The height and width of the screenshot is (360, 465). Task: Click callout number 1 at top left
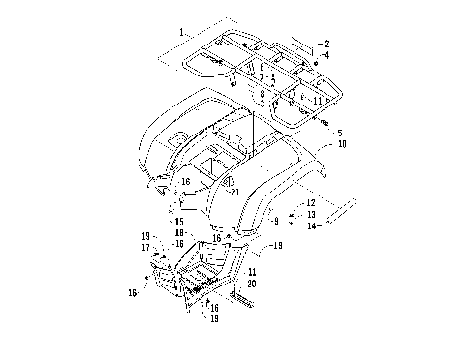point(180,32)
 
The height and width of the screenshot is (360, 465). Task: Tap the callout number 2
point(326,44)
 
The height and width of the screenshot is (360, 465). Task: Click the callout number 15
point(178,222)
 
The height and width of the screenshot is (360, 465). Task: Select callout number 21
point(233,192)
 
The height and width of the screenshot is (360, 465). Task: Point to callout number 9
point(275,221)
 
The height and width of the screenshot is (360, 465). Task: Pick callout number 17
point(146,247)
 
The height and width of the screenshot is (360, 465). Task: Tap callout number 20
point(252,284)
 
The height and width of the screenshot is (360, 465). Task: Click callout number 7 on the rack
point(262,76)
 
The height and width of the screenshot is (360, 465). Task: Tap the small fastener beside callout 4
point(317,62)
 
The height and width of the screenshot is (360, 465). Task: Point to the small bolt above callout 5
point(325,123)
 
